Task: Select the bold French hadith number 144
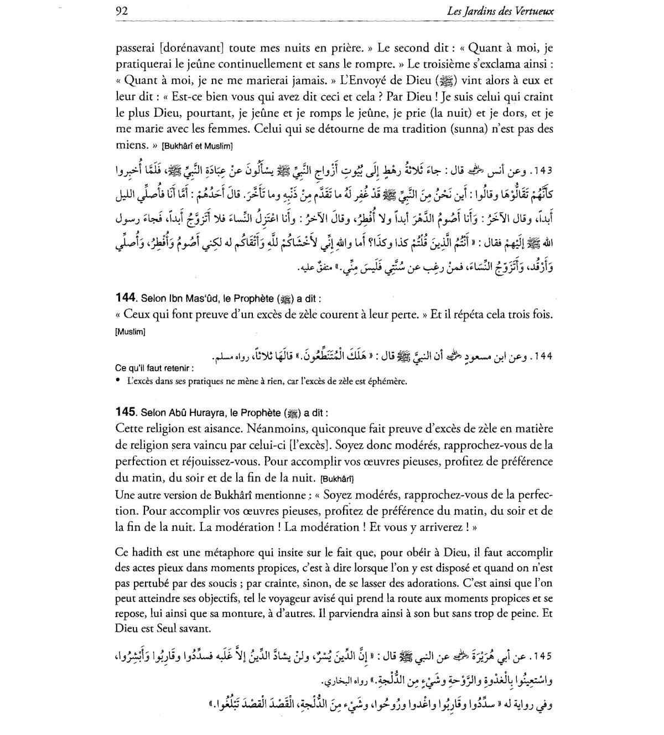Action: coord(126,299)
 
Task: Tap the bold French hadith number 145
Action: coord(126,412)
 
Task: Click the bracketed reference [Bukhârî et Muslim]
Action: coord(197,147)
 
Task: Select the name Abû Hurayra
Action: coord(200,413)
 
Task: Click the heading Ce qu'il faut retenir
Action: coord(154,368)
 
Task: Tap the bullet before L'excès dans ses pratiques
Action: coord(119,381)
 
